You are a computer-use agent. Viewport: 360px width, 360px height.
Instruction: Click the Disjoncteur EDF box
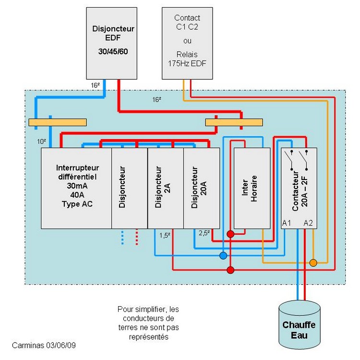(111, 43)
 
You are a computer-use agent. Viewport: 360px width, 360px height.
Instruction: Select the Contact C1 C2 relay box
(187, 43)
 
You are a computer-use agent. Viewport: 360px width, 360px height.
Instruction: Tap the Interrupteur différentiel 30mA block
(76, 188)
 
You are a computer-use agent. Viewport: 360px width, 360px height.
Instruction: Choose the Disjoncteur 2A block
(166, 188)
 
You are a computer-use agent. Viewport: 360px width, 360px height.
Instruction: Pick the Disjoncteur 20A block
(202, 188)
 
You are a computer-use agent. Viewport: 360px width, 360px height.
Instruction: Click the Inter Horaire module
(252, 188)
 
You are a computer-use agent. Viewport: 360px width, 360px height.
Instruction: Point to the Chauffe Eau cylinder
(300, 325)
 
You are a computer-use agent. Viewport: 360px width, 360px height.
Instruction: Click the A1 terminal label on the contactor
(287, 223)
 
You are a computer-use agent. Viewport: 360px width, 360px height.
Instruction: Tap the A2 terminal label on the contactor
(308, 223)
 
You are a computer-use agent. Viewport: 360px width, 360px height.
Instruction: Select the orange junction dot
(313, 263)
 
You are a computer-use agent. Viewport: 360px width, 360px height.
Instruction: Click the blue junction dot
(223, 255)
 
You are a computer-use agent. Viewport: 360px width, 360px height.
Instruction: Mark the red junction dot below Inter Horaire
(230, 234)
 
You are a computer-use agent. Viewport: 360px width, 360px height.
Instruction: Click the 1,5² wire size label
(165, 235)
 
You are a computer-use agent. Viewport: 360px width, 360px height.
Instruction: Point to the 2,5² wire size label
(204, 233)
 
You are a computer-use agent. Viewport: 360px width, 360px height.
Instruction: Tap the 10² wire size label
(42, 142)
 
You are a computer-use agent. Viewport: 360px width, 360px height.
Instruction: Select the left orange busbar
(58, 122)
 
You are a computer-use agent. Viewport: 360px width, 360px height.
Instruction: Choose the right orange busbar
(234, 122)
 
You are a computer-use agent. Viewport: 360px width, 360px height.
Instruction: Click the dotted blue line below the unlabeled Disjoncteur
(122, 238)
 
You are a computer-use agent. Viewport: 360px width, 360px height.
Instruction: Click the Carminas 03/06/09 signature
(44, 345)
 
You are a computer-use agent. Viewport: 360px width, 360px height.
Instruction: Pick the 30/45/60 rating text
(113, 51)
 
